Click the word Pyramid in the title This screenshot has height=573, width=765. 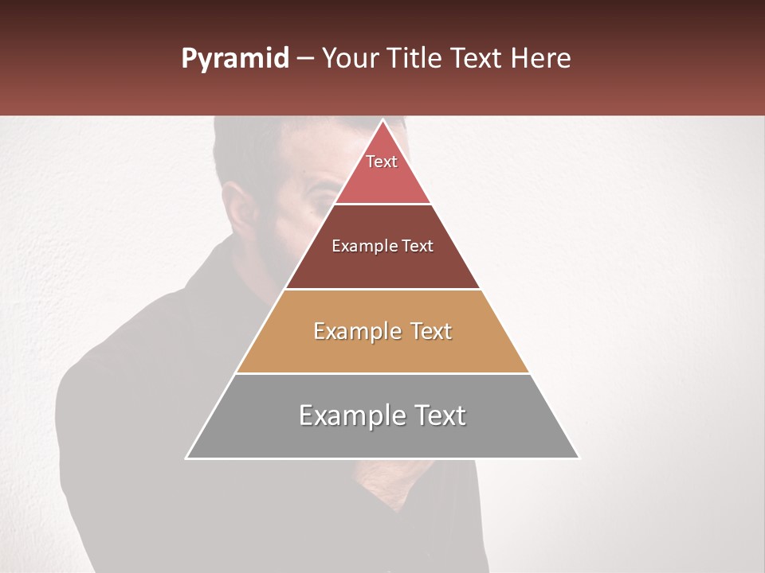point(234,59)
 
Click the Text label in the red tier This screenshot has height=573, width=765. point(382,162)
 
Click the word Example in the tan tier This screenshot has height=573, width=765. point(358,331)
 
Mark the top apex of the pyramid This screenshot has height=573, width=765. point(382,121)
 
